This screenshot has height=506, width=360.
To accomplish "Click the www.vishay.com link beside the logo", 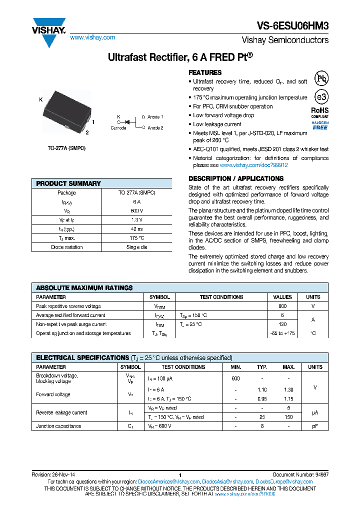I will pos(92,37).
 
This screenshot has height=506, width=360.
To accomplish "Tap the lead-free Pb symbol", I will pos(321,78).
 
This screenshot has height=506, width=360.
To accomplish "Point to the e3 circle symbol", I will pos(321,97).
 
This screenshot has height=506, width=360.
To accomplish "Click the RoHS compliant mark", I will pos(320,112).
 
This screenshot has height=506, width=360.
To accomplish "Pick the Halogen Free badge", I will pos(320,125).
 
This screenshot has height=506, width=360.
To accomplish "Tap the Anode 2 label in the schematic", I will pos(155,127).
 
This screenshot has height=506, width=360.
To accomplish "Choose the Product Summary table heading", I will pos(68,183).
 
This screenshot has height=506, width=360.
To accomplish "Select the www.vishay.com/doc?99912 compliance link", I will pos(253,165).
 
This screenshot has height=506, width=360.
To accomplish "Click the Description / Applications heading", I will pos(236,178).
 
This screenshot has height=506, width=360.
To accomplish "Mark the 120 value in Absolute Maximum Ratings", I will pos(282,324).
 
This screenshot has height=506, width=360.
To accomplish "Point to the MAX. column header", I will pos(288,367).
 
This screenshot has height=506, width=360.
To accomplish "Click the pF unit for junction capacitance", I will pos(315,426).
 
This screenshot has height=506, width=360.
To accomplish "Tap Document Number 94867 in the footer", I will pos(300,474).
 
